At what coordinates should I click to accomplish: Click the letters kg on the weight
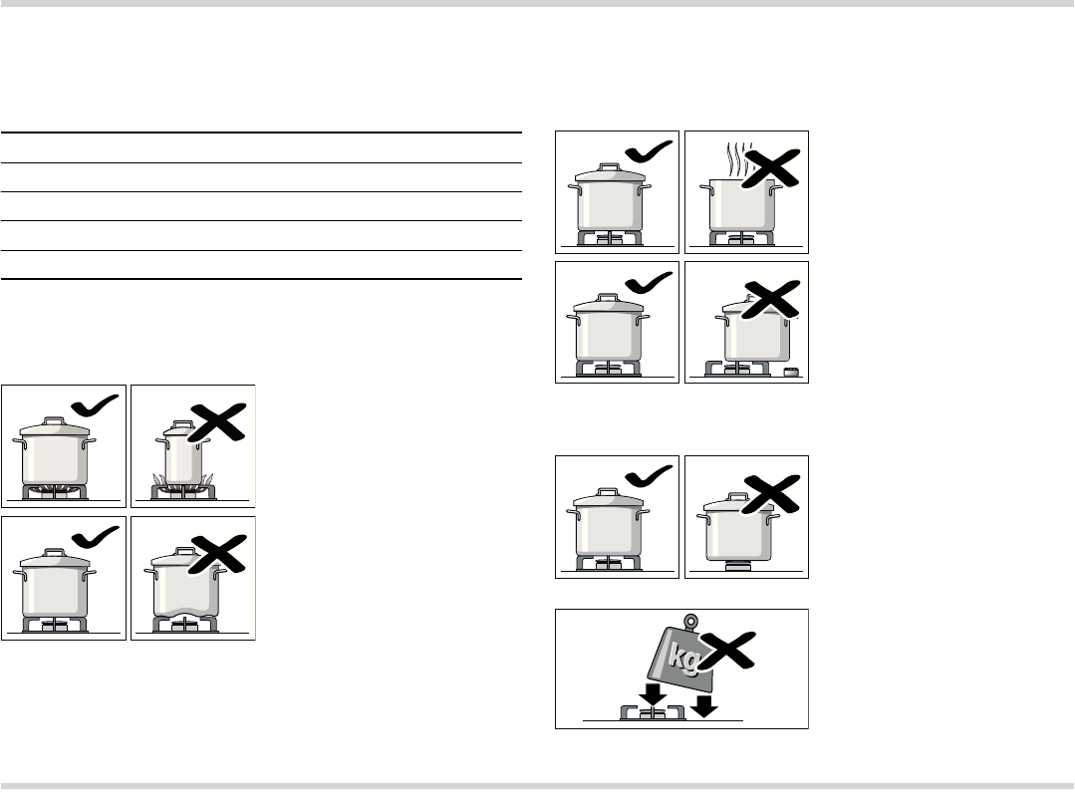(683, 657)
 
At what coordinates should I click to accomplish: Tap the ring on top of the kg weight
(691, 622)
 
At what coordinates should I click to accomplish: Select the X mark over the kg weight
(728, 651)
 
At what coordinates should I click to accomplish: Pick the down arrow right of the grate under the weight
(703, 706)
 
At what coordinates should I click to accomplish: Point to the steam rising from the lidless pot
(737, 159)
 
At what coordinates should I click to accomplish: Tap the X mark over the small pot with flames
(217, 422)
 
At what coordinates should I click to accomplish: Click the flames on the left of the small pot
(159, 480)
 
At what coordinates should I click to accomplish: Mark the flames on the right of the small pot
(208, 480)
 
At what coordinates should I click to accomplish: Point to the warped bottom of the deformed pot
(185, 610)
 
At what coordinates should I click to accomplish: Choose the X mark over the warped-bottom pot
(217, 554)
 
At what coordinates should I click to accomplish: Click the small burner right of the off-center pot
(792, 372)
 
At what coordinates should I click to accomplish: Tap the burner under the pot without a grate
(738, 566)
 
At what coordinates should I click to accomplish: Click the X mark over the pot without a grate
(770, 494)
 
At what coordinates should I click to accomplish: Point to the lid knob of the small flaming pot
(183, 423)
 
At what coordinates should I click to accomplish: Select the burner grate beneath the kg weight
(653, 712)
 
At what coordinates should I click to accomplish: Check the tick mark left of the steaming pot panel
(649, 151)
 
